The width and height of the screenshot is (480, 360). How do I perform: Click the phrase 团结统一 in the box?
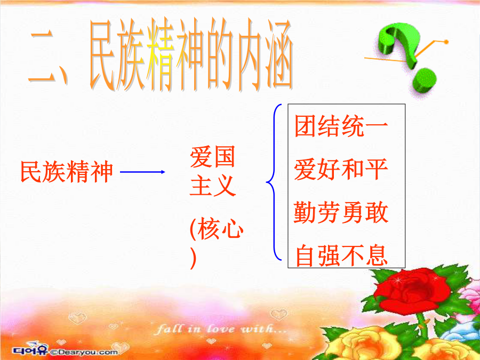pyautogui.click(x=341, y=126)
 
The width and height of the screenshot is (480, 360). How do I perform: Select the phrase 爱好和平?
pyautogui.click(x=341, y=169)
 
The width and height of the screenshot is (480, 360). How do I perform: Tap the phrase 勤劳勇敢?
pyautogui.click(x=341, y=212)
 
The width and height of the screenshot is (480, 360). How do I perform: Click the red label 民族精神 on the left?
pyautogui.click(x=67, y=172)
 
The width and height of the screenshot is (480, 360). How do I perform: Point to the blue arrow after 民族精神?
pyautogui.click(x=142, y=172)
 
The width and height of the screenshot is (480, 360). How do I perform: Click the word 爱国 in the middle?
pyautogui.click(x=212, y=157)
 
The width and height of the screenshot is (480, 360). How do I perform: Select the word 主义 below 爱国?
pyautogui.click(x=212, y=186)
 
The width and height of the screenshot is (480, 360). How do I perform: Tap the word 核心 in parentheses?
pyautogui.click(x=220, y=229)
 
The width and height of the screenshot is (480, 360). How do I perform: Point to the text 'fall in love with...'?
pyautogui.click(x=221, y=330)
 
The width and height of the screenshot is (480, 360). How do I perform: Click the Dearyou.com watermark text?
pyautogui.click(x=84, y=352)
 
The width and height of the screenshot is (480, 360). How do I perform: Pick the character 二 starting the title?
pyautogui.click(x=43, y=58)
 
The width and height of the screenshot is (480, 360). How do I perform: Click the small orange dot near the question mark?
pyautogui.click(x=446, y=42)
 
